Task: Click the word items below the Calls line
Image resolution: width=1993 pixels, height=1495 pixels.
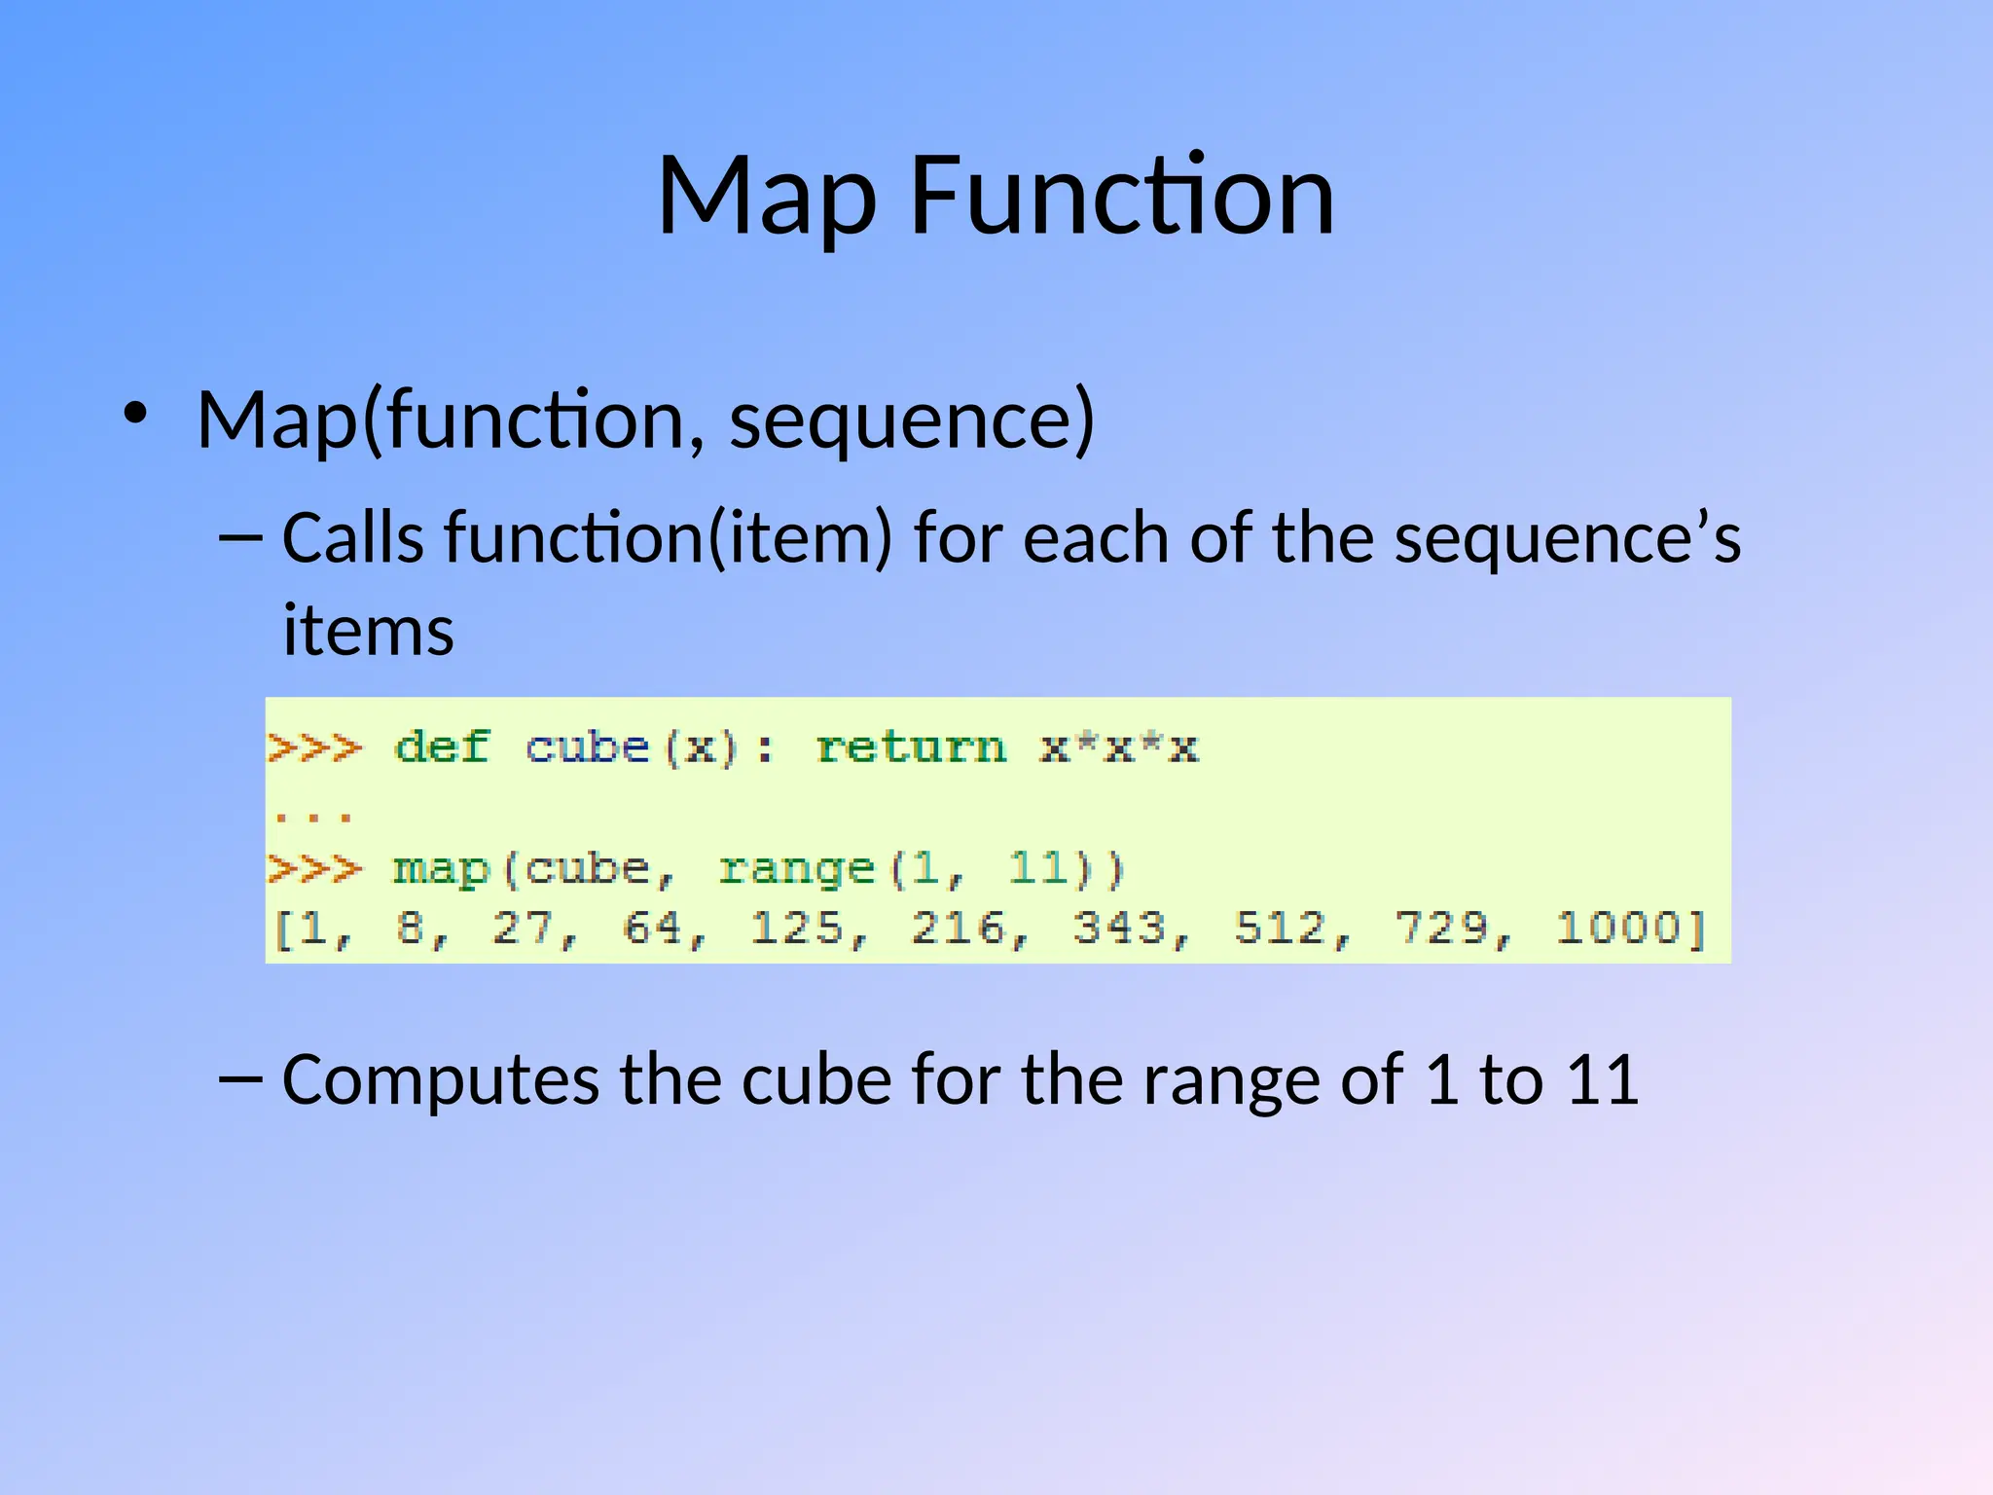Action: pos(368,630)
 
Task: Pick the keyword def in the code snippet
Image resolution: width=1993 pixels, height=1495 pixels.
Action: pos(442,747)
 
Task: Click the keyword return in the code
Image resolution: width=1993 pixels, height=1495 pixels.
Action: pos(911,747)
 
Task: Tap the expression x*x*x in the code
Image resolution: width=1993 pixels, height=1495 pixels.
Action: pos(1118,747)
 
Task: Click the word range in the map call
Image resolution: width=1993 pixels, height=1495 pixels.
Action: pos(796,868)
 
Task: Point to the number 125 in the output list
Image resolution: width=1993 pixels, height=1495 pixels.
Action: pos(796,928)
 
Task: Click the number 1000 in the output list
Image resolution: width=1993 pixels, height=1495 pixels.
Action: pos(1617,928)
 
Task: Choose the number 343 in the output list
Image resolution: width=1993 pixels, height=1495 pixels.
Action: pos(1119,928)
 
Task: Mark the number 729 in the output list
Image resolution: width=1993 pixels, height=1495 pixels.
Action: pos(1441,928)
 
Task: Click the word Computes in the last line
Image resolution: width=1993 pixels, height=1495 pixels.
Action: pos(440,1080)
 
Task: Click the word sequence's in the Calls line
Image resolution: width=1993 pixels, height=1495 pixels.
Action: pos(1567,538)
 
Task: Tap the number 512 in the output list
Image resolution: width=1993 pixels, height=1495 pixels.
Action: pos(1280,928)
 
